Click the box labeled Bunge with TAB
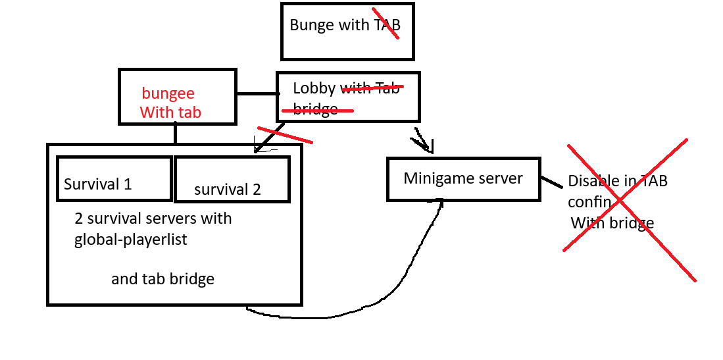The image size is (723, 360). (347, 32)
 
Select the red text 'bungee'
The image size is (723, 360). (168, 93)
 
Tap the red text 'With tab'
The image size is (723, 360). (170, 113)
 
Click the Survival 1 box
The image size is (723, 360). (114, 178)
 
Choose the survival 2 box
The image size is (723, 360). (231, 179)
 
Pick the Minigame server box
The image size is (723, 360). (463, 178)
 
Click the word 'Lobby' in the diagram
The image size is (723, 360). (314, 88)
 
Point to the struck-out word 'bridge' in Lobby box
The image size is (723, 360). (316, 109)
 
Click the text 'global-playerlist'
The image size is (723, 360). (131, 240)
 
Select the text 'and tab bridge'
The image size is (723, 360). (162, 279)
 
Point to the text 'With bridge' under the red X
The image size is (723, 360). (612, 223)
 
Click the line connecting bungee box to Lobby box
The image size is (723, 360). (256, 93)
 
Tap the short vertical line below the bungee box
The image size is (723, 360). (176, 134)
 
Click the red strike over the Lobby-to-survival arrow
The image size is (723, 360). (285, 134)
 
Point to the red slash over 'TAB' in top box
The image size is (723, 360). (386, 24)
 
